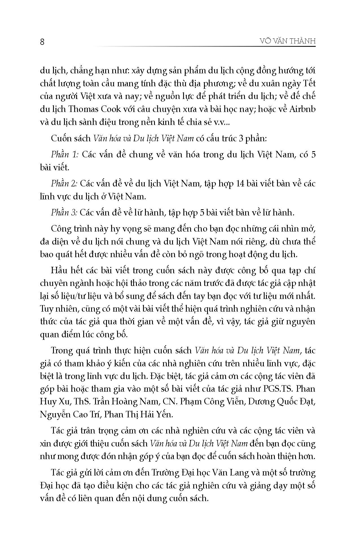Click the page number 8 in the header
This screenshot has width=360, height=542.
click(42, 42)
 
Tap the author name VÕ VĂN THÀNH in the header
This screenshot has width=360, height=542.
click(287, 41)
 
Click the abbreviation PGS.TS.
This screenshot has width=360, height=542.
click(276, 389)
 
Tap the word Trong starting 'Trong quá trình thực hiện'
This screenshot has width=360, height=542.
click(62, 351)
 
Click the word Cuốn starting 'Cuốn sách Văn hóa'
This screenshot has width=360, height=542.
click(61, 138)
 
